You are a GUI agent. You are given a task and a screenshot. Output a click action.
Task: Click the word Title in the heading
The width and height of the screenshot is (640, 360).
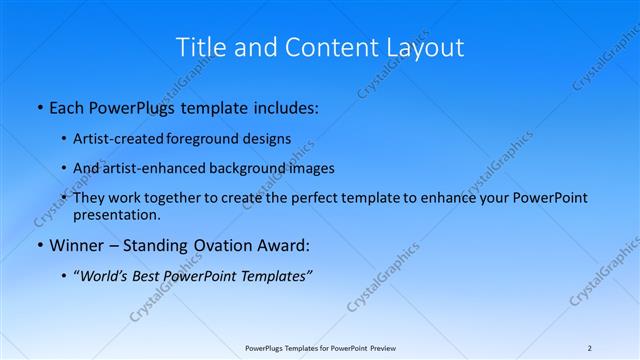(x=198, y=47)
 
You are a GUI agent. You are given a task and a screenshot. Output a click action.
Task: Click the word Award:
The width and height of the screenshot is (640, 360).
(x=284, y=245)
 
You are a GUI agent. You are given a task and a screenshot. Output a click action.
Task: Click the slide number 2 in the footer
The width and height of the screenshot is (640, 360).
(x=590, y=348)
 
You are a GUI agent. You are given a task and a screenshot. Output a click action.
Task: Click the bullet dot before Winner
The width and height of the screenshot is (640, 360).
(x=39, y=246)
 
